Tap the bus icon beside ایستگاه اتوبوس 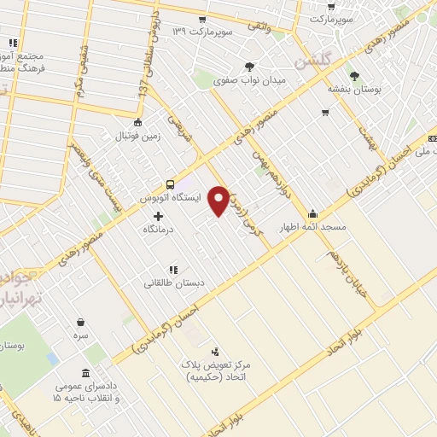(x=170, y=184)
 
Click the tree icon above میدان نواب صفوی (x=249, y=66)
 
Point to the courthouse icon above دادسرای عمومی (x=84, y=373)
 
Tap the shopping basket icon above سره (x=80, y=323)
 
